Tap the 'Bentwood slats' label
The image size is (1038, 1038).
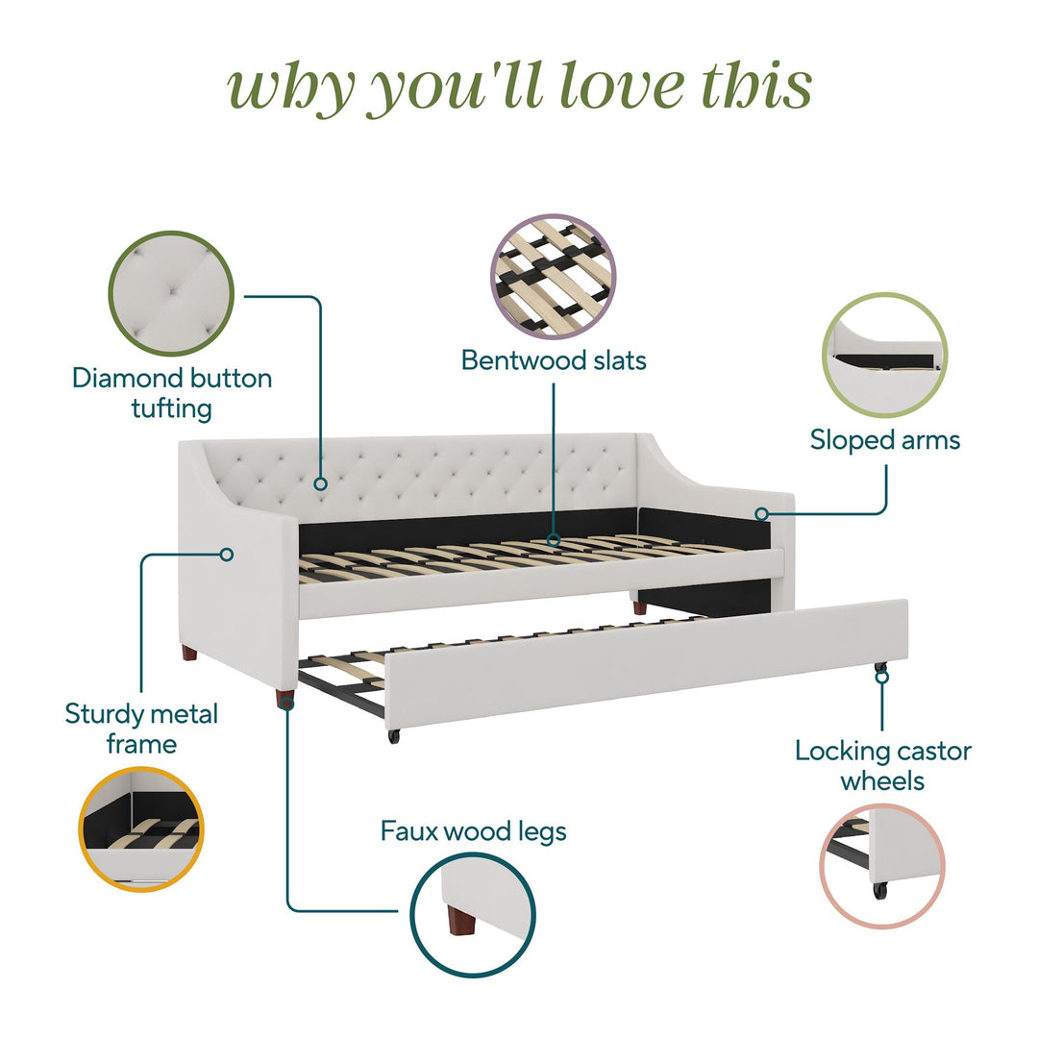[554, 360]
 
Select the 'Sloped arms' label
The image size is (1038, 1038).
[884, 440]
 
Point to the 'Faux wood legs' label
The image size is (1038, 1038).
[473, 832]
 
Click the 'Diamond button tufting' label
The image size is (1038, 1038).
[172, 393]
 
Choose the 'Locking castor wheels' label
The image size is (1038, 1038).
[883, 766]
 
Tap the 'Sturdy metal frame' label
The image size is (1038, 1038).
[141, 729]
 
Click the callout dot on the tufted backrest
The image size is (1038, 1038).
[320, 483]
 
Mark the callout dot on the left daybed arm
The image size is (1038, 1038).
[227, 554]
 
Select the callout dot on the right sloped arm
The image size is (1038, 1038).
[762, 513]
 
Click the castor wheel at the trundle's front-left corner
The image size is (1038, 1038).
[394, 736]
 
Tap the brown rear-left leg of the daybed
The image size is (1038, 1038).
[189, 655]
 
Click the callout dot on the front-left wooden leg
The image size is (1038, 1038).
[287, 703]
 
